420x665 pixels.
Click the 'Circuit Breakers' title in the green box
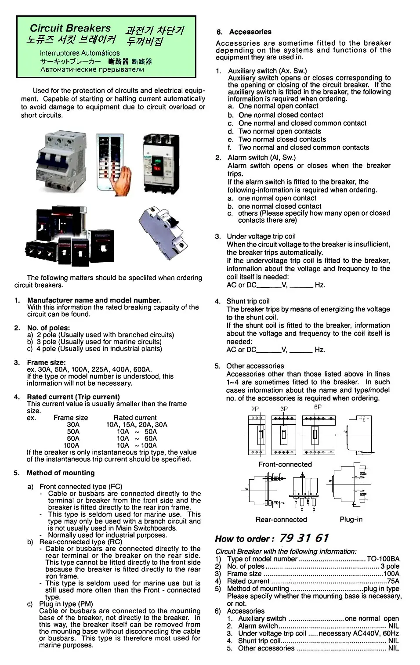(70, 28)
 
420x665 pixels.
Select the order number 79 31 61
(304, 538)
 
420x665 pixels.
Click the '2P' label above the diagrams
(255, 408)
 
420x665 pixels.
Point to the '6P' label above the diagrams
(318, 407)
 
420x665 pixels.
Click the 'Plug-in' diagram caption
(351, 519)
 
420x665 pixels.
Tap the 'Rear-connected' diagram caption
(281, 520)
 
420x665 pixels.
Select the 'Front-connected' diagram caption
(285, 464)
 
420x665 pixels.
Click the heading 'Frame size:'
(46, 362)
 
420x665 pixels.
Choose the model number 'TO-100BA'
(383, 559)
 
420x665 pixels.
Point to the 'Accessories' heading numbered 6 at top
(250, 32)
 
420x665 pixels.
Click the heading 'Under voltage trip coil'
(261, 236)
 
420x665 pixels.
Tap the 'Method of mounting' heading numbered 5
(61, 473)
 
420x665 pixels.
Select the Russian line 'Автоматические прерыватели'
(92, 69)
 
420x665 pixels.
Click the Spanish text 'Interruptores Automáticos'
(80, 53)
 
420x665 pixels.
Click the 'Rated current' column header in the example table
(135, 418)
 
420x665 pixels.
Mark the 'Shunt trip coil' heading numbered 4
(248, 301)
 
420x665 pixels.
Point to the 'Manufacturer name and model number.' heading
(94, 300)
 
